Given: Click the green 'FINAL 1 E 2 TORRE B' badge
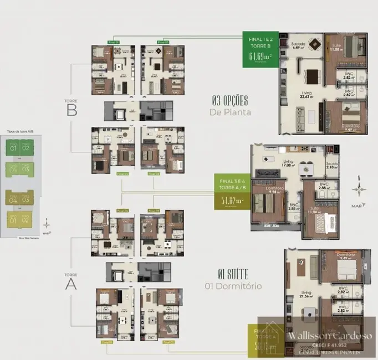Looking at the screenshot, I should point(260,49).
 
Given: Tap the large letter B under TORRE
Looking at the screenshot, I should point(71,110).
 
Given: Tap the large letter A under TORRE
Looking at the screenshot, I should point(71,284).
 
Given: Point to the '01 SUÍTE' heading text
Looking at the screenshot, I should point(233,274).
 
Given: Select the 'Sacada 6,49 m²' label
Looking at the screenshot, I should point(298,45).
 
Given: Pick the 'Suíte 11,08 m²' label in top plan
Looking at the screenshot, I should point(336,48).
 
